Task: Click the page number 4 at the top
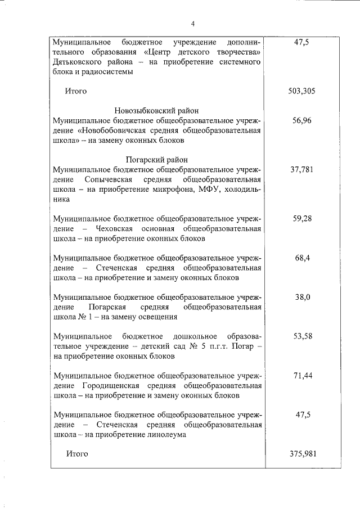coord(192,24)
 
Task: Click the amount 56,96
coord(302,120)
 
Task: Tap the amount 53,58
coord(302,336)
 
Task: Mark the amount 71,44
coord(302,375)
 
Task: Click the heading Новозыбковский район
coord(157,111)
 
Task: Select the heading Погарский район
coord(157,160)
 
